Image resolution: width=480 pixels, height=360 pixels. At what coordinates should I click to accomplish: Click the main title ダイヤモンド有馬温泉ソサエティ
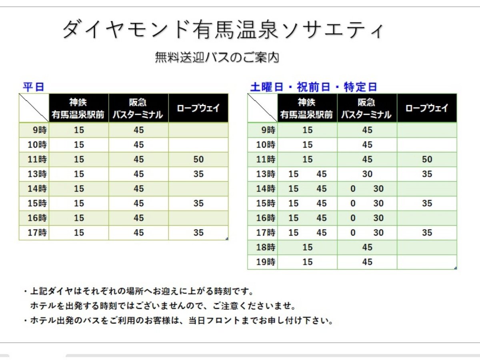(223, 30)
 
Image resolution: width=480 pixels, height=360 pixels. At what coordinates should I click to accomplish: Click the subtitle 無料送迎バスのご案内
(217, 58)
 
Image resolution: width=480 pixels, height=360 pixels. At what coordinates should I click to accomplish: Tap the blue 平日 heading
(34, 87)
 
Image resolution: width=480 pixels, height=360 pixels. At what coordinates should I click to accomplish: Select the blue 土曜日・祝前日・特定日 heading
(314, 87)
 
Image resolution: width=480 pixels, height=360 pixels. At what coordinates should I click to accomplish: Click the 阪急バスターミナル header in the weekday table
(138, 108)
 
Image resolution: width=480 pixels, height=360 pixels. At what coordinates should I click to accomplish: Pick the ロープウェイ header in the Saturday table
(427, 108)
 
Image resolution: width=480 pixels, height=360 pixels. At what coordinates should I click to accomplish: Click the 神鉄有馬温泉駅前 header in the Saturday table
(307, 108)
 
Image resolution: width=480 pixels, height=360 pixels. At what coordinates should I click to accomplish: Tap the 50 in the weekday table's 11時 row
(198, 159)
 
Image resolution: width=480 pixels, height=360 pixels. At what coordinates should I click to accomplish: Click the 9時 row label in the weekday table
(40, 130)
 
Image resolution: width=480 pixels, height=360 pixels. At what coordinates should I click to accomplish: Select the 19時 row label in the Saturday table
(266, 262)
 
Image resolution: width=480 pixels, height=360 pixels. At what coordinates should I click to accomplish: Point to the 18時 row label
(266, 247)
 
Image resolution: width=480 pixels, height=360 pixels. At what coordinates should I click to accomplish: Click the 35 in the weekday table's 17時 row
(198, 232)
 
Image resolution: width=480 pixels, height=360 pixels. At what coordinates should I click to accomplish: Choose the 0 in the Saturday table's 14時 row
(353, 189)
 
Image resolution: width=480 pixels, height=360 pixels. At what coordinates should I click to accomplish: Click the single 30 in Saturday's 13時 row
(367, 174)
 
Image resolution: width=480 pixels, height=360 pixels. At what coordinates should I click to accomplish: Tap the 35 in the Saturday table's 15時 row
(427, 203)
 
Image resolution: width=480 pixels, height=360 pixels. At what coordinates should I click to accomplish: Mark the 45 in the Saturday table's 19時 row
(367, 262)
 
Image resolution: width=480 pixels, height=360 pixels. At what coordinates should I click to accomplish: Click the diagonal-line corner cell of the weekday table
(34, 108)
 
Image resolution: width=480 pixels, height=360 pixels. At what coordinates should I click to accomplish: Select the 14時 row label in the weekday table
(37, 189)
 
